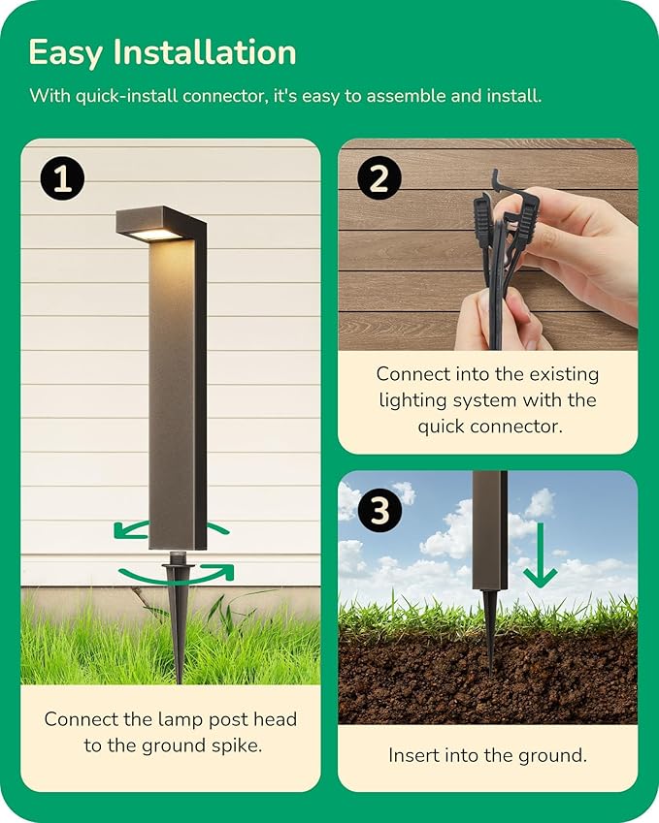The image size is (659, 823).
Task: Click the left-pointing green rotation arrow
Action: tap(131, 530)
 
